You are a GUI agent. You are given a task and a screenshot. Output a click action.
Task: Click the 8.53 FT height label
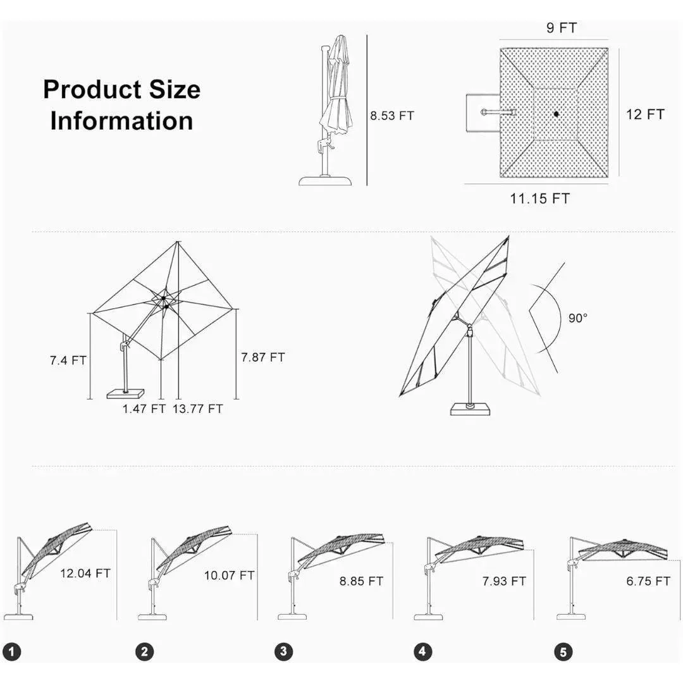click(x=392, y=116)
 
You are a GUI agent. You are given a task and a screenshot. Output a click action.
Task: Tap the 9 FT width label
click(x=562, y=28)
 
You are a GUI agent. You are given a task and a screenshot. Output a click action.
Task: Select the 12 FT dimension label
click(x=645, y=114)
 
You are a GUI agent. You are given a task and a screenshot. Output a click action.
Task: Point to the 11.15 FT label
click(x=539, y=199)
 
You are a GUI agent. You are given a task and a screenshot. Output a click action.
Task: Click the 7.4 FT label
click(x=68, y=360)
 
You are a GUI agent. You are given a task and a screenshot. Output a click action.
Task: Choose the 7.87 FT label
click(x=262, y=357)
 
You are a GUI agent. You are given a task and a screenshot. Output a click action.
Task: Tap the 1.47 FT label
click(x=144, y=409)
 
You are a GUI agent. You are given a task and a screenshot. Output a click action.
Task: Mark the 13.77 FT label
click(x=198, y=409)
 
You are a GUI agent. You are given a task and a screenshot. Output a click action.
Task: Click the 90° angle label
click(x=577, y=318)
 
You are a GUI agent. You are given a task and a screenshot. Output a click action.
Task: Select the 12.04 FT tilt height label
click(x=85, y=574)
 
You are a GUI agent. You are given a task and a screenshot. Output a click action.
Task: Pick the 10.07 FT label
click(x=229, y=575)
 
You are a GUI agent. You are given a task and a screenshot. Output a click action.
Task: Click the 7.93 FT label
click(x=503, y=581)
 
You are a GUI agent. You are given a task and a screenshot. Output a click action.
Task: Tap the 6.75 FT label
click(x=648, y=581)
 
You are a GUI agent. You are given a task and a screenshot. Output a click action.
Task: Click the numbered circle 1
click(x=12, y=651)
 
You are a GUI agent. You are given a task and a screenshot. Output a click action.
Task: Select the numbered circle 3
click(x=284, y=651)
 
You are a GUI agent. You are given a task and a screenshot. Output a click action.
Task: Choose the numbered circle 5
click(x=563, y=651)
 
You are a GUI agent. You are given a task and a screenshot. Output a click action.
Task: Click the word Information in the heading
click(x=121, y=121)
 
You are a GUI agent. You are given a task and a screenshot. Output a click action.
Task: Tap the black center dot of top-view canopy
click(x=555, y=114)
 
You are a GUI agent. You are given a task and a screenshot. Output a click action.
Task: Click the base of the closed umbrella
click(x=325, y=181)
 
